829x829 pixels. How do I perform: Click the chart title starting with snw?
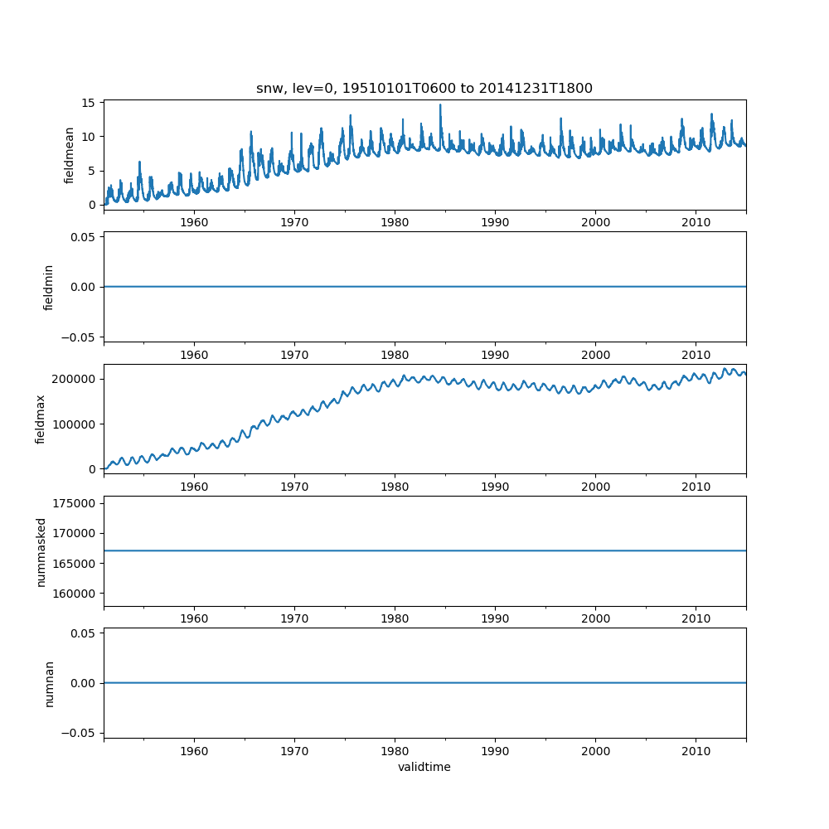tap(424, 89)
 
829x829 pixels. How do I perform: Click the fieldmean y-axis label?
tap(70, 155)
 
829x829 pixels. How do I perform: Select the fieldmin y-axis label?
tap(49, 287)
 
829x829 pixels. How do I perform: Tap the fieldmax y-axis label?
tap(41, 419)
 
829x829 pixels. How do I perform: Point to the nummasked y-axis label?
tap(41, 552)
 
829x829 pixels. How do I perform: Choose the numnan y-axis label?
tap(49, 683)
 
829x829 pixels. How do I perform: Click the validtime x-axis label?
tap(424, 768)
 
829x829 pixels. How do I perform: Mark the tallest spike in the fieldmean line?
tap(440, 105)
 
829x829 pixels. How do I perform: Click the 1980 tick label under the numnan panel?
tap(395, 751)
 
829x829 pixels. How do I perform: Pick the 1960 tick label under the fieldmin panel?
tap(194, 355)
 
